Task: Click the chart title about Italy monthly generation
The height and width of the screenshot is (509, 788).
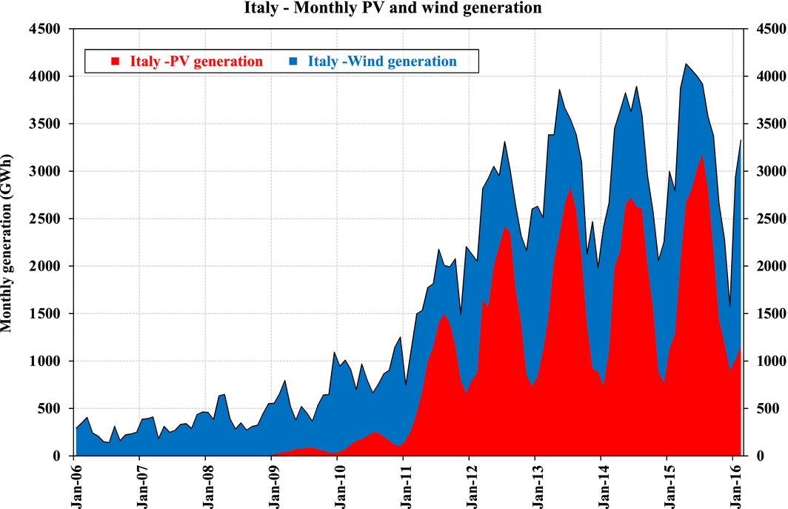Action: (x=393, y=8)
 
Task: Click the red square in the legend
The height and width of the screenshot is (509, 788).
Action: (x=115, y=61)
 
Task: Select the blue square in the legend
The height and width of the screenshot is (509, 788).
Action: (x=293, y=61)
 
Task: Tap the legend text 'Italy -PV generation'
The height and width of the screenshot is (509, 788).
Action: (x=196, y=61)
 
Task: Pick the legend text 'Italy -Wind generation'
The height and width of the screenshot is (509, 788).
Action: (x=382, y=61)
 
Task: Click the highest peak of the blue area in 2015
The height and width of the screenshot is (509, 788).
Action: (x=686, y=64)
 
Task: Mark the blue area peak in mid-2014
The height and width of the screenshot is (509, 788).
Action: (x=636, y=87)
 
